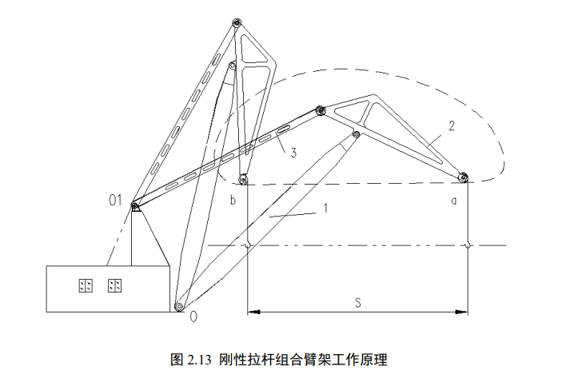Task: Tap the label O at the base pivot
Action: point(193,316)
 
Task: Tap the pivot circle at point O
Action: point(179,305)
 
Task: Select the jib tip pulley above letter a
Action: point(462,177)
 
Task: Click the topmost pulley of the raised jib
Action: point(236,24)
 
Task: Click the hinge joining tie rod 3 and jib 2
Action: point(320,110)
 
